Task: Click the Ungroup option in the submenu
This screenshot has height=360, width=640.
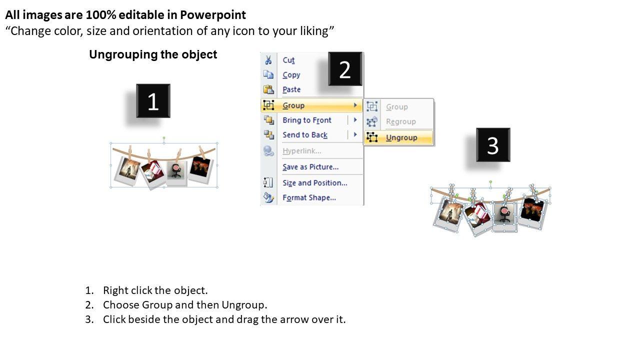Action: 401,137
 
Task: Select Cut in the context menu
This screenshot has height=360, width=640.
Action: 288,60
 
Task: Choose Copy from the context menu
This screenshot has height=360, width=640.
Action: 291,75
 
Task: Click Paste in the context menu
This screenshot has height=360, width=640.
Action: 291,89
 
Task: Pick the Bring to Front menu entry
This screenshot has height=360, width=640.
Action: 307,120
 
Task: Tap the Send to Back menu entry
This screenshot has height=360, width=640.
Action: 305,135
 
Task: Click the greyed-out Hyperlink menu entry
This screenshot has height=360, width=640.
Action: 301,151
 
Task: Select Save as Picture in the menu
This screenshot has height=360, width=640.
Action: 310,167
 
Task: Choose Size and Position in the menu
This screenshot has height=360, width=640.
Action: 315,183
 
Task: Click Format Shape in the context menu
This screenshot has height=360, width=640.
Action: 309,197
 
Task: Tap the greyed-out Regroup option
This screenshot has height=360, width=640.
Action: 401,121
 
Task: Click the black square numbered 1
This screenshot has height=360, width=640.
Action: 153,101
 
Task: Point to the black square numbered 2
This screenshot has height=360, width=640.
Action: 345,69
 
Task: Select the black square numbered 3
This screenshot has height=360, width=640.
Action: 493,145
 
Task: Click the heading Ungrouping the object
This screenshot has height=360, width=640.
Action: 153,54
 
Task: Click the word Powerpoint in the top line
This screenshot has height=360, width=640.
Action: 213,15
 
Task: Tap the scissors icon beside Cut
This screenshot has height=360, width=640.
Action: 268,60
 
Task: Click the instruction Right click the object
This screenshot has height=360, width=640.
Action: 155,290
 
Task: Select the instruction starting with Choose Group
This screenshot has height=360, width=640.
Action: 185,305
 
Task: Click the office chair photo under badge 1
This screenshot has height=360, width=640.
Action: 176,173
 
